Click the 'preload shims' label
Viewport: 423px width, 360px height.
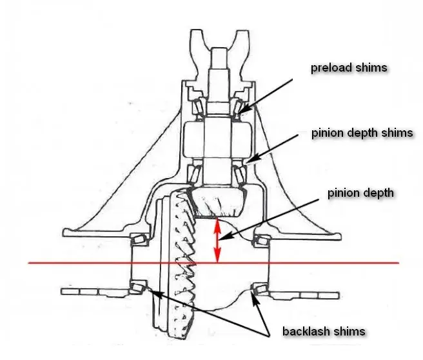point(349,68)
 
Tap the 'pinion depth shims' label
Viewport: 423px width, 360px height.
point(362,133)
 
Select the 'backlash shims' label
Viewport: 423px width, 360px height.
point(324,331)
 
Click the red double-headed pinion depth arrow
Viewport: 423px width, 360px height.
point(217,240)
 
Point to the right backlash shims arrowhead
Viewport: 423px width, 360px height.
point(255,297)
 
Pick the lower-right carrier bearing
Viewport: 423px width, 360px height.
point(261,288)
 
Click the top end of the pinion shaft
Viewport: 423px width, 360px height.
point(219,48)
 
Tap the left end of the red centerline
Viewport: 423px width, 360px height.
point(28,263)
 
